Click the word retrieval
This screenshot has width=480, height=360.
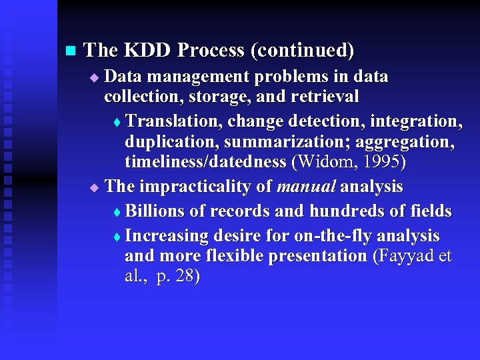[x=325, y=97]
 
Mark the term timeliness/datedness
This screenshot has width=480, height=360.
[x=205, y=162]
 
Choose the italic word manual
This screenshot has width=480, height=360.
[x=306, y=186]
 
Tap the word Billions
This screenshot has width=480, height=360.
[x=155, y=211]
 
